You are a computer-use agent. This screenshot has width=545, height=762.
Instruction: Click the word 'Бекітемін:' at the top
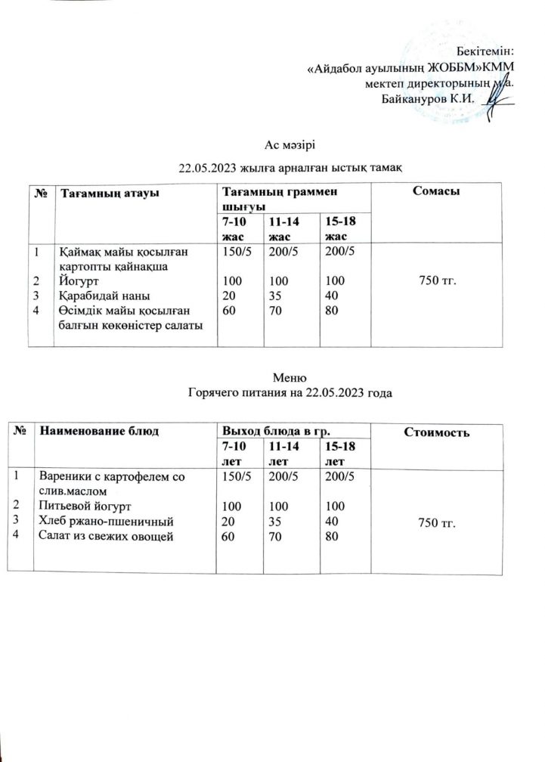click(486, 51)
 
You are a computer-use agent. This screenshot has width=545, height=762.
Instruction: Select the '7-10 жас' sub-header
click(234, 229)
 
